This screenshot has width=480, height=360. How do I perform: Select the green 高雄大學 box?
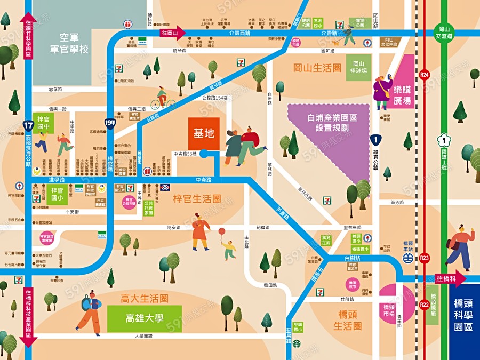click(x=144, y=318)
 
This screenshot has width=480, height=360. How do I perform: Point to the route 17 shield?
click(x=28, y=126)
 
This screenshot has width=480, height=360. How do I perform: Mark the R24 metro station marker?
click(x=425, y=75)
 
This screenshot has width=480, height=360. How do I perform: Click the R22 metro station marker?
click(x=424, y=305)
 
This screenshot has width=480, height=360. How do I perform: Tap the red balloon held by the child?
click(x=221, y=231)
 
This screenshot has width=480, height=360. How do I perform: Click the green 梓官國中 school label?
click(x=43, y=122)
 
